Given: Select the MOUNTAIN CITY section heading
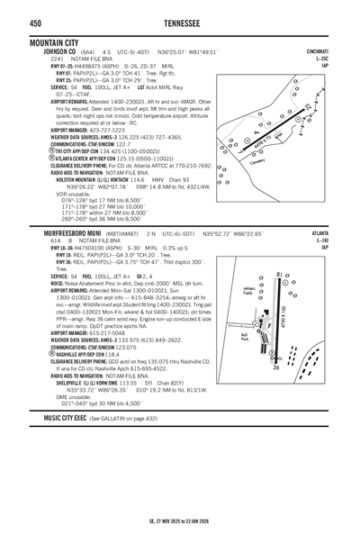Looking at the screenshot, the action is tap(59, 41).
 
